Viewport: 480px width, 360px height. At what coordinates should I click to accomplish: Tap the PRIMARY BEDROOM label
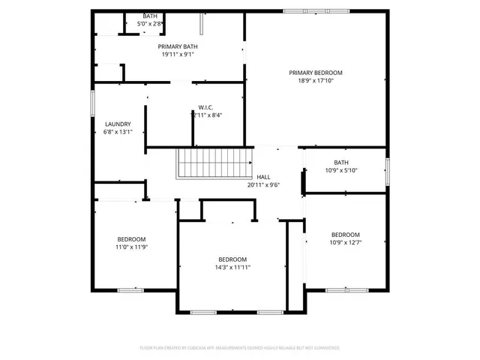[x=316, y=73]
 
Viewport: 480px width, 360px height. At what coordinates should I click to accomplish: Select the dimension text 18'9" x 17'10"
[x=316, y=81]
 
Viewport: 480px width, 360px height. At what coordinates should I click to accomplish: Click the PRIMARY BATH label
[x=178, y=46]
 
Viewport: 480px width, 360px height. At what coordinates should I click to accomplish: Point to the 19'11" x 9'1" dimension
[x=178, y=55]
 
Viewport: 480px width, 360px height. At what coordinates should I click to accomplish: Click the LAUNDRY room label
[x=118, y=124]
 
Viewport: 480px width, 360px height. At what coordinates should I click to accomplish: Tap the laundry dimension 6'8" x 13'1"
[x=118, y=133]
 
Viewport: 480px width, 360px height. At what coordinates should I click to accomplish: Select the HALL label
[x=263, y=177]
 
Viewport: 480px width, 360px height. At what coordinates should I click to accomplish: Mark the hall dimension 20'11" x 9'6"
[x=263, y=185]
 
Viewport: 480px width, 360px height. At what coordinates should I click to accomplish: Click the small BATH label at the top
[x=150, y=16]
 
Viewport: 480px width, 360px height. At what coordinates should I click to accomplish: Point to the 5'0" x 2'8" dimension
[x=150, y=24]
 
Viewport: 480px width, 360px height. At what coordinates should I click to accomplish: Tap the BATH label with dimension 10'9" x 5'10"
[x=341, y=162]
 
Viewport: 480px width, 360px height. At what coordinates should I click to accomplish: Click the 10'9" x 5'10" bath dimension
[x=341, y=170]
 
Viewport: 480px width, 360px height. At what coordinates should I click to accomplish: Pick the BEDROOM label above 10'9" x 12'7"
[x=345, y=234]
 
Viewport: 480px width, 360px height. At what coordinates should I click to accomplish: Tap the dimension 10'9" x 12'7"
[x=345, y=242]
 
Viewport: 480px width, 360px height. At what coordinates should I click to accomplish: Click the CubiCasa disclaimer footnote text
[x=240, y=348]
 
